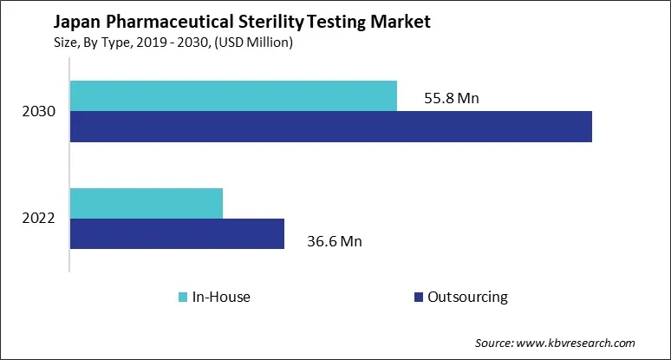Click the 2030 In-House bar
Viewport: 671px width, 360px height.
pyautogui.click(x=233, y=96)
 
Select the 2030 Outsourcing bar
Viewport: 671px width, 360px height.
pyautogui.click(x=330, y=127)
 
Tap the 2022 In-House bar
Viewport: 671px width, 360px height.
pyautogui.click(x=147, y=203)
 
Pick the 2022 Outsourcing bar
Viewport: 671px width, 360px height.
pyautogui.click(x=177, y=233)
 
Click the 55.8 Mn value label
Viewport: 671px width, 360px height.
pyautogui.click(x=451, y=98)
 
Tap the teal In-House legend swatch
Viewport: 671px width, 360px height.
pyautogui.click(x=183, y=298)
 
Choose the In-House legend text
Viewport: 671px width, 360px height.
pyautogui.click(x=221, y=298)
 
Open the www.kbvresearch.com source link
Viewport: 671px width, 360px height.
pyautogui.click(x=586, y=343)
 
